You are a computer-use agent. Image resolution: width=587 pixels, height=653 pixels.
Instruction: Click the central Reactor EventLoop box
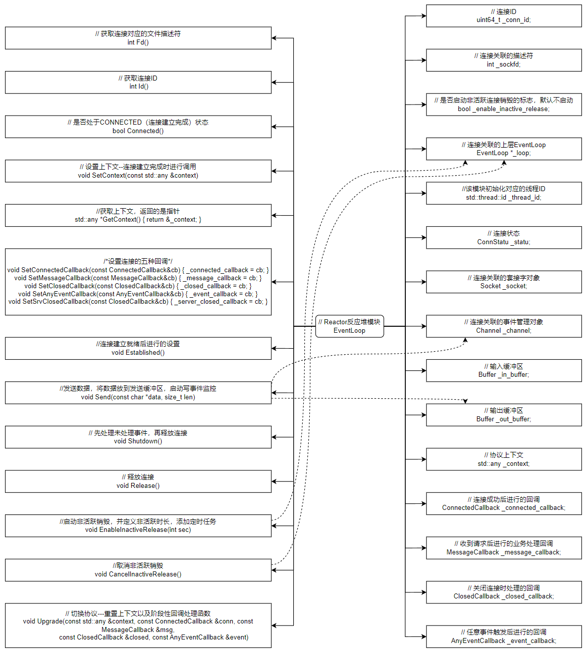click(x=349, y=326)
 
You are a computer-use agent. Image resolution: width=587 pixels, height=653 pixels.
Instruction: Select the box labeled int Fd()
click(x=138, y=38)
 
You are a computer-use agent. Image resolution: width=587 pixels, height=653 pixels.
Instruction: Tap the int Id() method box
click(x=138, y=82)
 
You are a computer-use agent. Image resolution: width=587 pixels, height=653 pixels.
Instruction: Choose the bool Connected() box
click(x=138, y=127)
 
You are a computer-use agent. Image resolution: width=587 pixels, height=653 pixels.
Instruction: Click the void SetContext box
click(x=138, y=171)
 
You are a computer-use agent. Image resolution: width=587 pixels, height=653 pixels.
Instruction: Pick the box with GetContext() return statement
click(x=138, y=215)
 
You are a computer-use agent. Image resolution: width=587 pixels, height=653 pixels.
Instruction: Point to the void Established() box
click(x=138, y=348)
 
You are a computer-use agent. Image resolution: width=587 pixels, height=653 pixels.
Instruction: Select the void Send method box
click(x=138, y=393)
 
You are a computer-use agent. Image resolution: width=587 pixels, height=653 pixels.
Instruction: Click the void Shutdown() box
click(x=138, y=437)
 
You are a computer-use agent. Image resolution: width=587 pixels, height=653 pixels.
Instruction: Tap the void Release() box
click(x=138, y=481)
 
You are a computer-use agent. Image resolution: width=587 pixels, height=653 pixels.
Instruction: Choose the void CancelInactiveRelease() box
click(x=138, y=570)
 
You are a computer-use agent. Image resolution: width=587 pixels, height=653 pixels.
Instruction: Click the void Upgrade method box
click(x=138, y=625)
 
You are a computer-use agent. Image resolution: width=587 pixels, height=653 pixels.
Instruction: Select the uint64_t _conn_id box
click(x=503, y=16)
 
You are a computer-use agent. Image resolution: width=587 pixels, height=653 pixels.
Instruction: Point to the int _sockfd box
click(x=503, y=60)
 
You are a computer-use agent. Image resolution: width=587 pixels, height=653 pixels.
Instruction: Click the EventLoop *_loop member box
click(x=503, y=149)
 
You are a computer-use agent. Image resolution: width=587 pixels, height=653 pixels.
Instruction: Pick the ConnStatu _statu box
click(x=503, y=238)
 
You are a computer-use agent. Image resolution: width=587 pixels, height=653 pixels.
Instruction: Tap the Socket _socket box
click(x=503, y=282)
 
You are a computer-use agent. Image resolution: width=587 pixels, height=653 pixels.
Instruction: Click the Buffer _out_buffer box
click(x=503, y=415)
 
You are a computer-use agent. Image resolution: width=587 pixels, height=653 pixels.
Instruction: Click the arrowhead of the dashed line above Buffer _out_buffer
click(x=465, y=401)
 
